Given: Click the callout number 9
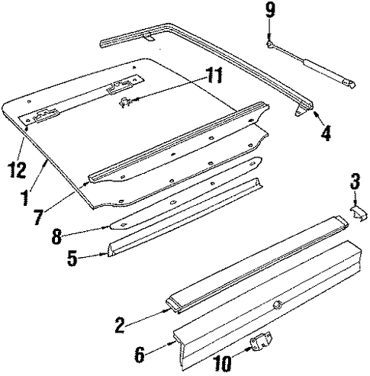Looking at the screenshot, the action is [270, 11].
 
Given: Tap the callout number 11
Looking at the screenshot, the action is [214, 75].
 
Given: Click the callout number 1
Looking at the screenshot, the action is [25, 198].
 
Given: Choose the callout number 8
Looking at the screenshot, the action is [56, 236].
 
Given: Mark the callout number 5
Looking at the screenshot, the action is [72, 258].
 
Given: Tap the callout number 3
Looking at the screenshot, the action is [355, 181].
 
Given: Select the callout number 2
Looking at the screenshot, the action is [120, 325].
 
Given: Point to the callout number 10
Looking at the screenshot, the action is [222, 363].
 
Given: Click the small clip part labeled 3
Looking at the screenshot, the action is [359, 214].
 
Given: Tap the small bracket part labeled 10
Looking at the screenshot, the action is [261, 340].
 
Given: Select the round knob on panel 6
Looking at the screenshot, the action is [276, 304].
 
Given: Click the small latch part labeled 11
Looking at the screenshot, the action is [124, 102].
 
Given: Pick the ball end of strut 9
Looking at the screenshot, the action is [269, 44].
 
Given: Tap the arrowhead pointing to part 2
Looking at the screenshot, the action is [167, 310].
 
